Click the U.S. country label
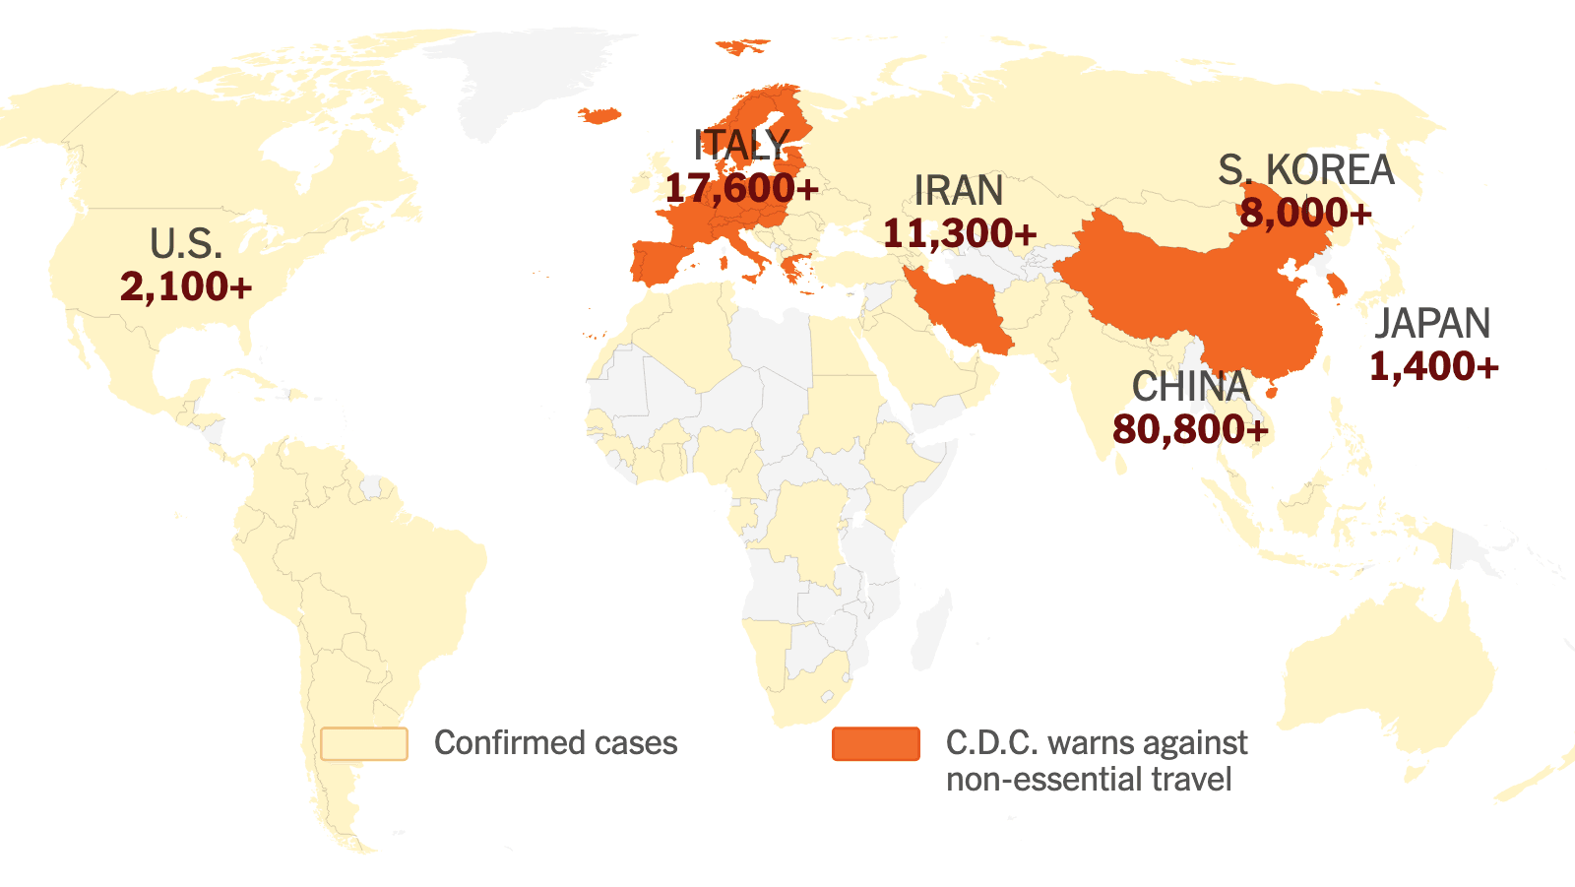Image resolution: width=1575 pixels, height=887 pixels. click(186, 244)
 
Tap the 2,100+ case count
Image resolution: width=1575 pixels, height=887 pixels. click(186, 286)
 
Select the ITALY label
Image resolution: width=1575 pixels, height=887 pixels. click(741, 146)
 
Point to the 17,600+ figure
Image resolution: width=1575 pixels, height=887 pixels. click(741, 188)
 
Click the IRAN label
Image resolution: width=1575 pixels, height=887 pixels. click(958, 191)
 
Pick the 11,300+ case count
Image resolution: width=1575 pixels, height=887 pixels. click(960, 233)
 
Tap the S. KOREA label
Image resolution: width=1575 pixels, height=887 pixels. click(1305, 170)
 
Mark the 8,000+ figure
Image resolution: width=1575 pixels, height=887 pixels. click(1305, 213)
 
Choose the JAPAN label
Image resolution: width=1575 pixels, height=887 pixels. click(1432, 324)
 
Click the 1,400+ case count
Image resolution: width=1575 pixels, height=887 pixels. click(1433, 366)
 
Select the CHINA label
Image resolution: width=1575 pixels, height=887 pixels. click(1190, 387)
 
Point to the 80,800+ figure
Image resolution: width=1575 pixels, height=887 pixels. click(1190, 429)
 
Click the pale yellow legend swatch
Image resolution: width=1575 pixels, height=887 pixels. click(364, 744)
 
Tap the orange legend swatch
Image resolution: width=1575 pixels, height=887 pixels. click(875, 744)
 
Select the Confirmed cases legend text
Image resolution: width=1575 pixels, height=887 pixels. click(555, 743)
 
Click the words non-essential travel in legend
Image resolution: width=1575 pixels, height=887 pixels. click(1088, 780)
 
